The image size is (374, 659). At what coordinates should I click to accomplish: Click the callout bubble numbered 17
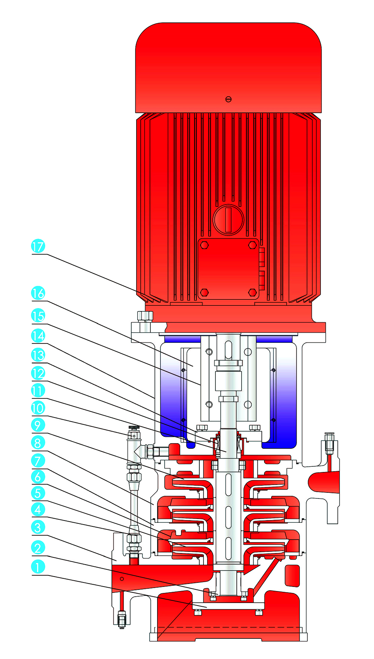click(x=38, y=246)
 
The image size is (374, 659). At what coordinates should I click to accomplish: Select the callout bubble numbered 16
click(x=38, y=293)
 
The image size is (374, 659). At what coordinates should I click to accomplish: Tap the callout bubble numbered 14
click(x=38, y=336)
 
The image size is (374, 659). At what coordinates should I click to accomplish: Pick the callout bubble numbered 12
click(x=38, y=373)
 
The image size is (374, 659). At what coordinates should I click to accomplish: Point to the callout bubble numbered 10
click(x=38, y=408)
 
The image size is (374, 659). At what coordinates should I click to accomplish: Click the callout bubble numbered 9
click(x=38, y=425)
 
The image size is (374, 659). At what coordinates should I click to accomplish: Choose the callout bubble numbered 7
click(x=38, y=460)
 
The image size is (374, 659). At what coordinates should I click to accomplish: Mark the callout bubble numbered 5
click(x=38, y=493)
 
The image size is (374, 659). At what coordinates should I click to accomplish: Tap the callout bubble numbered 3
click(x=38, y=528)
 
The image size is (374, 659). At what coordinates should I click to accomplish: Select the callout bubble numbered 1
click(x=38, y=567)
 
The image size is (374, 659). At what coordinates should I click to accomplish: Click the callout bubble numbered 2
click(x=38, y=548)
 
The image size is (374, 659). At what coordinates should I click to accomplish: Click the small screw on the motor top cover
click(x=229, y=99)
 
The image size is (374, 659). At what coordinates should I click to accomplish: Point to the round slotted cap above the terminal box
click(x=229, y=220)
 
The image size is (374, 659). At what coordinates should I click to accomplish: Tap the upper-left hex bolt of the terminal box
click(x=204, y=245)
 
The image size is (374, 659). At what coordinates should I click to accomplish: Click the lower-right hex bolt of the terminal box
click(x=252, y=292)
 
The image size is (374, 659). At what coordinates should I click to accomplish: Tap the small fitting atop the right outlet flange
click(x=329, y=443)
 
